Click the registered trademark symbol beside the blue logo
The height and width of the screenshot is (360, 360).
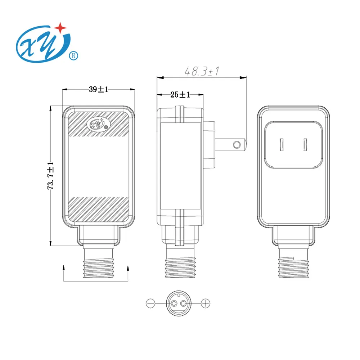click(74, 56)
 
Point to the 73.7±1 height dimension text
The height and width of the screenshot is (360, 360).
click(51, 176)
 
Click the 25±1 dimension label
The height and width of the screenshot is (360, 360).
click(180, 95)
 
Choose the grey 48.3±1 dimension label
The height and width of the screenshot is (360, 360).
click(202, 71)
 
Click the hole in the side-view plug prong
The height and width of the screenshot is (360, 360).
click(237, 145)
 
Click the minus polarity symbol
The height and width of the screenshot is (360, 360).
click(150, 303)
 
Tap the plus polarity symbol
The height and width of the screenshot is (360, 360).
click(205, 303)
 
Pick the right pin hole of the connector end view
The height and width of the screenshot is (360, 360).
click(183, 303)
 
